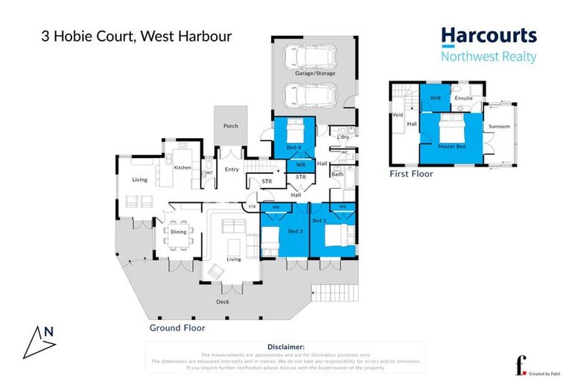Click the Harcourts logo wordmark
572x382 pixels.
pyautogui.click(x=489, y=36)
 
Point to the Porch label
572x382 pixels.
pyautogui.click(x=231, y=126)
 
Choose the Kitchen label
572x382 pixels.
pyautogui.click(x=182, y=168)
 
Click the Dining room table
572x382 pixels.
pyautogui.click(x=179, y=232)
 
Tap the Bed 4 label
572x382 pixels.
pyautogui.click(x=293, y=148)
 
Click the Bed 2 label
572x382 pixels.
pyautogui.click(x=319, y=222)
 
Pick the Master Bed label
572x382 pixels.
pyautogui.click(x=451, y=146)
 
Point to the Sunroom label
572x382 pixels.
pyautogui.click(x=499, y=127)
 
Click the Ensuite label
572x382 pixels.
pyautogui.click(x=463, y=98)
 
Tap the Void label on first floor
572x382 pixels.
pyautogui.click(x=398, y=116)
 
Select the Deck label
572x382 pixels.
pyautogui.click(x=223, y=301)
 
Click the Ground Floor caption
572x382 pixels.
pyautogui.click(x=177, y=327)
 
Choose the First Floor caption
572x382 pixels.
pyautogui.click(x=412, y=173)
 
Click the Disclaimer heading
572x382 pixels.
pyautogui.click(x=285, y=347)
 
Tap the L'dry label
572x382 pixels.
pyautogui.click(x=343, y=137)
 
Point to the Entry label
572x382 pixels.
pyautogui.click(x=232, y=169)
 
